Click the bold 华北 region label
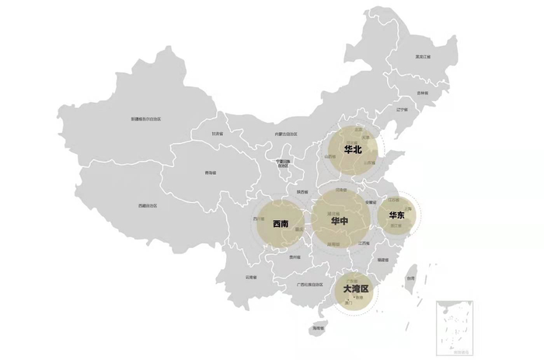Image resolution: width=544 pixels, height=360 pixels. pos(353,150)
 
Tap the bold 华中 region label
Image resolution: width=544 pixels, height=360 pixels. pos(340,222)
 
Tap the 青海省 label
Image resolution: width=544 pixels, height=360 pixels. pos(210,172)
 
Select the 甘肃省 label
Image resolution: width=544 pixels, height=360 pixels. pos(218,134)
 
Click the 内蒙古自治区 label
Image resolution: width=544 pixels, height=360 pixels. pos(288,135)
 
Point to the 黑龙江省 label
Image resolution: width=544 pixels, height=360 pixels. pos(423,57)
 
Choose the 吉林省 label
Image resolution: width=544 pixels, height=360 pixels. pos(422,93)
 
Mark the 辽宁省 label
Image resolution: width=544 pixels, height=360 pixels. pos(402,110)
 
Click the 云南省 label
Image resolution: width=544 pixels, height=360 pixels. pos(251,276)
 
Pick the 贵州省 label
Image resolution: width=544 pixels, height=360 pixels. pos(294,257)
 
